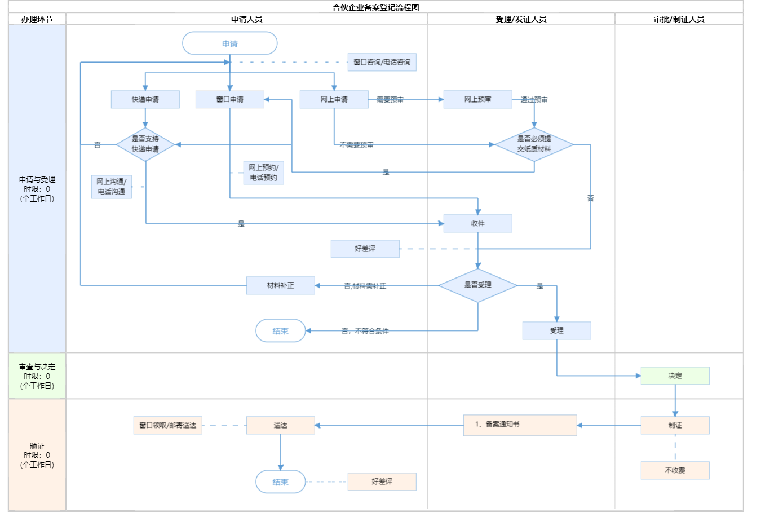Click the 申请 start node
230,43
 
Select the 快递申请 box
145,99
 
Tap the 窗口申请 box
229,99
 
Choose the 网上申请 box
334,99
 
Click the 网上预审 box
477,99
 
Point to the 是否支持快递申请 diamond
145,144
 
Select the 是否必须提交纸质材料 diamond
534,144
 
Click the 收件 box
477,223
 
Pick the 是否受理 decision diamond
477,285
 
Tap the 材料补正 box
280,285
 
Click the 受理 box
556,330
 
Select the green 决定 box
675,376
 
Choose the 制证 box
675,425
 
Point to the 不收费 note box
675,470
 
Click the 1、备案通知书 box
520,425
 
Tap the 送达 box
280,425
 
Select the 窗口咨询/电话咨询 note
382,62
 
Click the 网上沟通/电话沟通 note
112,187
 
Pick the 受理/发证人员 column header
521,19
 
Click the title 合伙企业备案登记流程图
376,7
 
